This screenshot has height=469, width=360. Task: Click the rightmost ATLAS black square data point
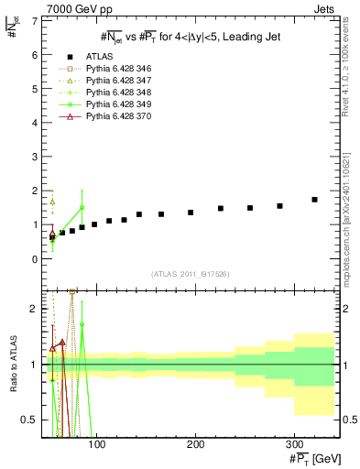(314, 200)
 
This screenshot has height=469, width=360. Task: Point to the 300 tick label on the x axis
(293, 443)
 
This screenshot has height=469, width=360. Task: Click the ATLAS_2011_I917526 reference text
(190, 275)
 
